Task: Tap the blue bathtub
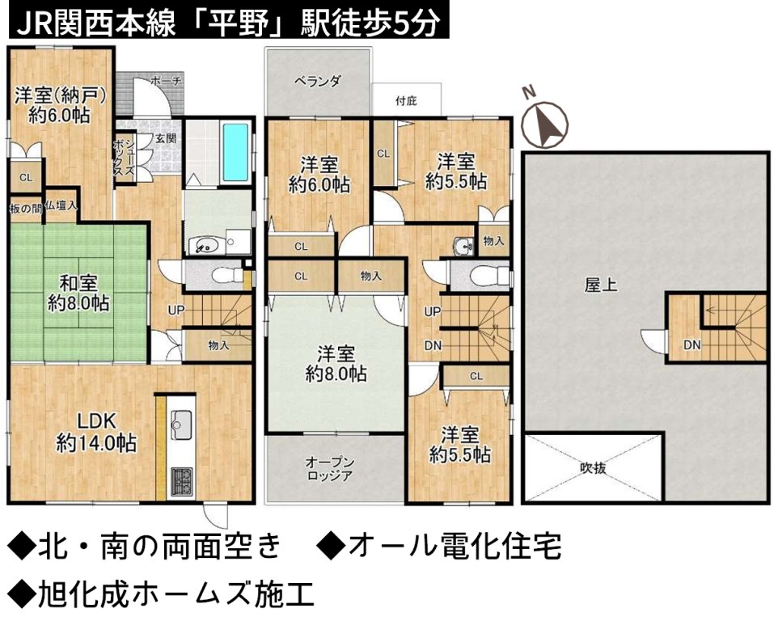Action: (x=235, y=151)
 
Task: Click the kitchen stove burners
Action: (x=181, y=482)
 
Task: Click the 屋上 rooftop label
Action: (x=601, y=285)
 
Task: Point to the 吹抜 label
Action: (x=593, y=467)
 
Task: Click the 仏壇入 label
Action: (x=61, y=206)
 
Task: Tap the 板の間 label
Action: (x=26, y=209)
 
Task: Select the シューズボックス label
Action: (x=124, y=157)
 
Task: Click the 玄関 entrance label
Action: (x=167, y=139)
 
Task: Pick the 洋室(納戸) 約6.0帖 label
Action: (x=60, y=105)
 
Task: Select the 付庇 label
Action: (x=406, y=101)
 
